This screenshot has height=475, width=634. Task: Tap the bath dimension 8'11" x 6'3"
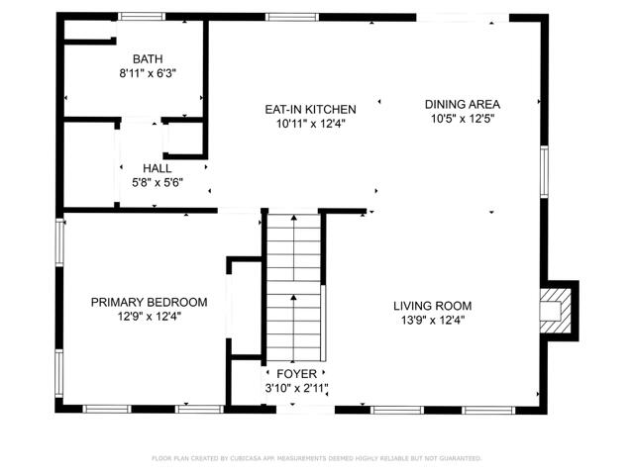135,73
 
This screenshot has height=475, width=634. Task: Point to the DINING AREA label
462,104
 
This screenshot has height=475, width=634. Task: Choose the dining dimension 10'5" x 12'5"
462,118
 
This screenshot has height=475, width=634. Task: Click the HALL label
157,168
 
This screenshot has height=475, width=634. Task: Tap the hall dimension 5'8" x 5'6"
157,182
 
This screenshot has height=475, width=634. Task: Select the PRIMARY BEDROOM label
149,302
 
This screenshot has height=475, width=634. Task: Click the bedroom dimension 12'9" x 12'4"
149,317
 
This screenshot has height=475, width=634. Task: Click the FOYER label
296,374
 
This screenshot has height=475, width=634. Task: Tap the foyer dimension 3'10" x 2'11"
296,388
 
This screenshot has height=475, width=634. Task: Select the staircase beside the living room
294,287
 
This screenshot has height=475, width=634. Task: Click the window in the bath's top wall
142,16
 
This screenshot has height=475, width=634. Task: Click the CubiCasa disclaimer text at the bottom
316,458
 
